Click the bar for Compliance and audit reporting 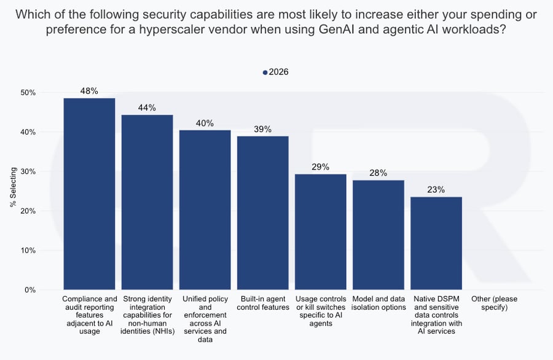[89, 194]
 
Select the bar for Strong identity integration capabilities [147, 202]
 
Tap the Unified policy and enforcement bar [205, 209]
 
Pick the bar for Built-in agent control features [262, 213]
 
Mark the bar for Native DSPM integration [436, 243]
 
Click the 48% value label [89, 90]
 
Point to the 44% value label [147, 108]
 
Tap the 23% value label [436, 190]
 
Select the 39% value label [262, 129]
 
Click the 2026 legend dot [265, 72]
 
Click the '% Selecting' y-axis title [13, 191]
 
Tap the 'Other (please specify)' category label [493, 303]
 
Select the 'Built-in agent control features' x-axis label [262, 303]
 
